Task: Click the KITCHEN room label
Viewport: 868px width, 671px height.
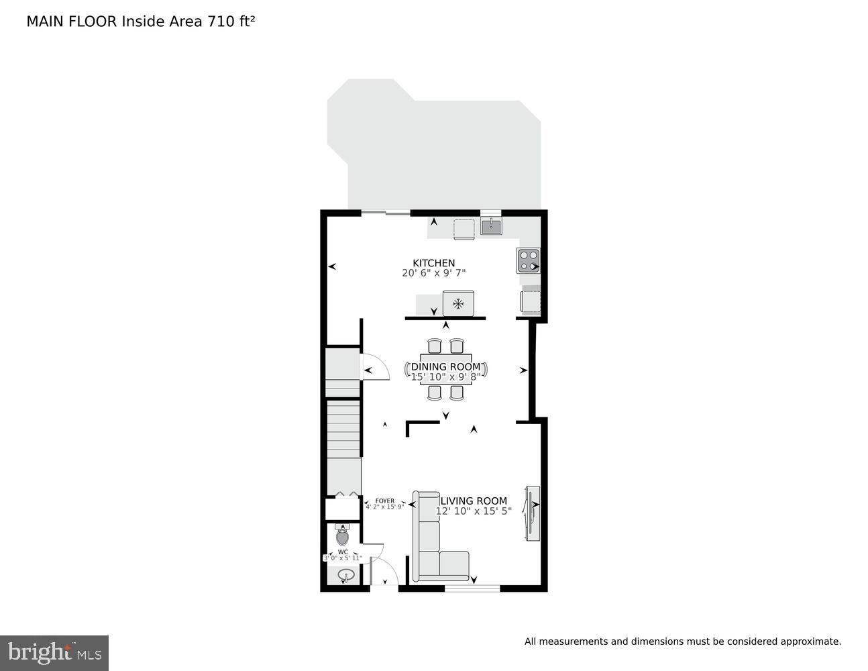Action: tap(433, 263)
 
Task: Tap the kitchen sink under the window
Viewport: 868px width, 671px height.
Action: tap(491, 227)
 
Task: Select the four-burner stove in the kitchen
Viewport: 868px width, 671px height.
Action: tap(528, 260)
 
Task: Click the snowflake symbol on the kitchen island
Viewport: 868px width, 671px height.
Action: tap(458, 304)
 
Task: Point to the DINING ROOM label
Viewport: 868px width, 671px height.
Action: tap(445, 367)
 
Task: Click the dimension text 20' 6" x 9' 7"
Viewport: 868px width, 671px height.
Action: tap(433, 273)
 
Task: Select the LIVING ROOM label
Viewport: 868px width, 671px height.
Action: tap(474, 501)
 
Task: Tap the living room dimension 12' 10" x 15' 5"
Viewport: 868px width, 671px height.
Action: tap(474, 511)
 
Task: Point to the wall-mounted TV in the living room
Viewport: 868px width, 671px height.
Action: tap(532, 513)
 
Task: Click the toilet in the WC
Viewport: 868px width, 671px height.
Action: tap(343, 536)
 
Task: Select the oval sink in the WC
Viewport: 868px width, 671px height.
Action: tap(346, 575)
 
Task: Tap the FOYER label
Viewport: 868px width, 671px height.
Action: tap(384, 501)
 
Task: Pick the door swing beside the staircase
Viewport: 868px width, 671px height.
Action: tap(374, 368)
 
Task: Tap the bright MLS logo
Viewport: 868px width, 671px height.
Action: tap(54, 653)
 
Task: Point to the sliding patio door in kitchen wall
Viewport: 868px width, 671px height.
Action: tap(386, 213)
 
